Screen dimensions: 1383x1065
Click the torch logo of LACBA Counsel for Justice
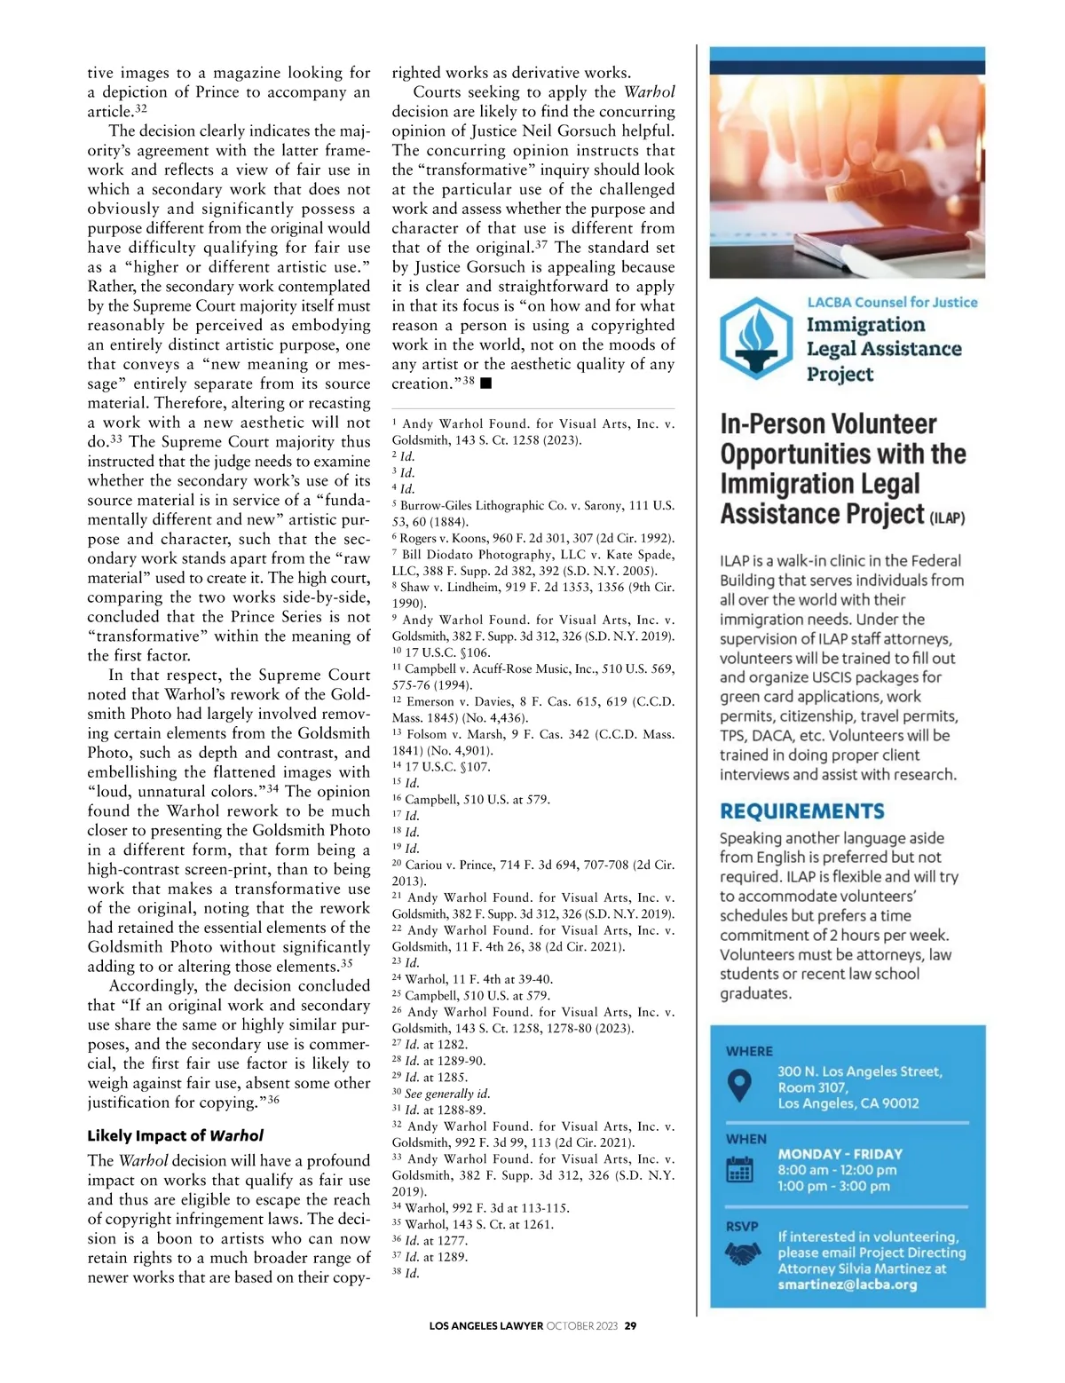coord(756,338)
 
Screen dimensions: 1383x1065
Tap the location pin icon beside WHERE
coord(739,1085)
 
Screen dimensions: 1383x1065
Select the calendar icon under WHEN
coord(739,1170)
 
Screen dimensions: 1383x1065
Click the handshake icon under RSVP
coord(742,1253)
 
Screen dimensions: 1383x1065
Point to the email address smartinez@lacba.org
coord(847,1284)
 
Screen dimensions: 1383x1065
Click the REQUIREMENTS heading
coord(801,811)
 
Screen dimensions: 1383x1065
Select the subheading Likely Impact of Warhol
coord(175,1135)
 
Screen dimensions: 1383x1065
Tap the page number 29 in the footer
coord(630,1326)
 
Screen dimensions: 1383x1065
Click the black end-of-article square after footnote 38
coord(485,383)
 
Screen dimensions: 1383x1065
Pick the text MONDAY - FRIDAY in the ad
coord(840,1154)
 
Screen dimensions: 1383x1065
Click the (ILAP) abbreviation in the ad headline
coord(947,518)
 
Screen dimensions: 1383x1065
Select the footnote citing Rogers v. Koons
coord(532,538)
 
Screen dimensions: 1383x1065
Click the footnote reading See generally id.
coord(441,1094)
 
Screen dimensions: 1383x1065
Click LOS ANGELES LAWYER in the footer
coord(485,1326)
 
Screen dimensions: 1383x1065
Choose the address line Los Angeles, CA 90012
coord(848,1103)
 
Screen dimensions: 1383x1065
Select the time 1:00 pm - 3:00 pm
coord(833,1186)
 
